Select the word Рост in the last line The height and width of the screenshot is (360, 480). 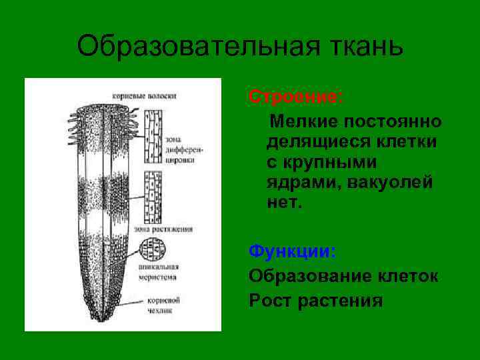(270, 301)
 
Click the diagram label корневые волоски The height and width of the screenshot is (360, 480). (153, 96)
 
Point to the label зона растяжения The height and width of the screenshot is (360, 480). (163, 229)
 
